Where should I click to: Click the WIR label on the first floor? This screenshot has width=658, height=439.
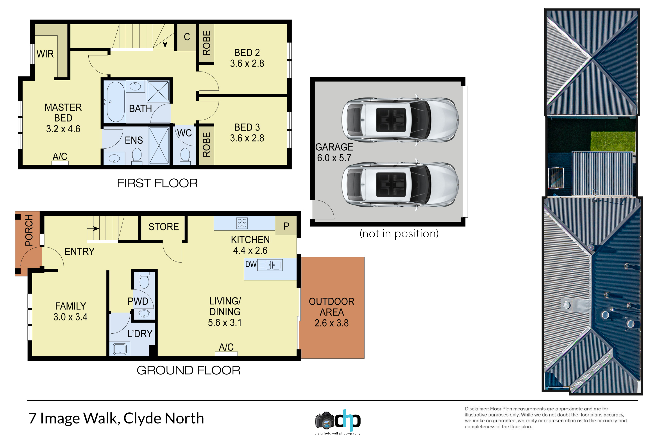coord(45,54)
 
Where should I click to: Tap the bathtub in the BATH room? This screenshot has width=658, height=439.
coord(116,102)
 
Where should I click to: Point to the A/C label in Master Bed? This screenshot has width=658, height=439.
coord(60,156)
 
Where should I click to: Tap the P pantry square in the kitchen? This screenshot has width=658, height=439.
coord(286,225)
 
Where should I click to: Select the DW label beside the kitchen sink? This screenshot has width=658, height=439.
coord(251,264)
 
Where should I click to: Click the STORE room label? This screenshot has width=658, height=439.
coord(164,227)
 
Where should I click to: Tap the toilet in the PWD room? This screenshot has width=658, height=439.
coord(144,281)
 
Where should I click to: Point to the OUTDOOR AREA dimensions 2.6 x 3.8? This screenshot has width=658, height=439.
coord(331,323)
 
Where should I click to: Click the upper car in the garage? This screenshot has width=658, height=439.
coord(400,120)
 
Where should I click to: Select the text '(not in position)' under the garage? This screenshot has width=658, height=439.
coord(399,234)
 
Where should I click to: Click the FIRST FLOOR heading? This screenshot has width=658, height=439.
coord(157,183)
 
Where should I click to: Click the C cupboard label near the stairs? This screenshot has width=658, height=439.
coord(187,37)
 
